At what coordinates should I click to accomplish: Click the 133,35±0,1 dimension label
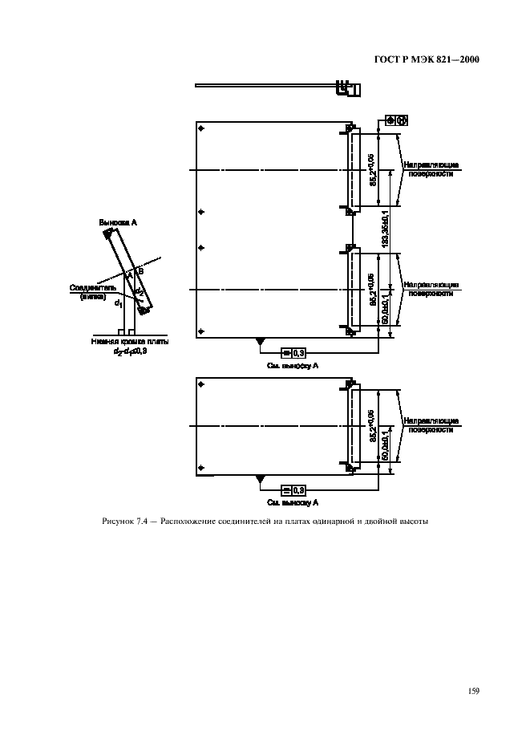tap(385, 231)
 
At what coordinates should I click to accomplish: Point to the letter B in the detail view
tap(141, 270)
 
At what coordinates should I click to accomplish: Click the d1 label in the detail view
tap(119, 303)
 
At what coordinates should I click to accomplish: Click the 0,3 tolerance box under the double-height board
tap(293, 353)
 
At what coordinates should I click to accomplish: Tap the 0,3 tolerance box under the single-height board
tap(293, 489)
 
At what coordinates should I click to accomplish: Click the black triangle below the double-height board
tap(260, 343)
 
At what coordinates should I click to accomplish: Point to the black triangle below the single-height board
tap(260, 480)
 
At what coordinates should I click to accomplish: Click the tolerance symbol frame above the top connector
tap(397, 120)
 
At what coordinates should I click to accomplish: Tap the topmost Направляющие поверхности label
tap(431, 170)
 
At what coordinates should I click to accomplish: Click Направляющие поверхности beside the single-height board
tap(431, 424)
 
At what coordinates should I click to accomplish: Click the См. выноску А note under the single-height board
tap(293, 501)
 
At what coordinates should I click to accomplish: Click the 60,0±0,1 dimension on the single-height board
tap(385, 445)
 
